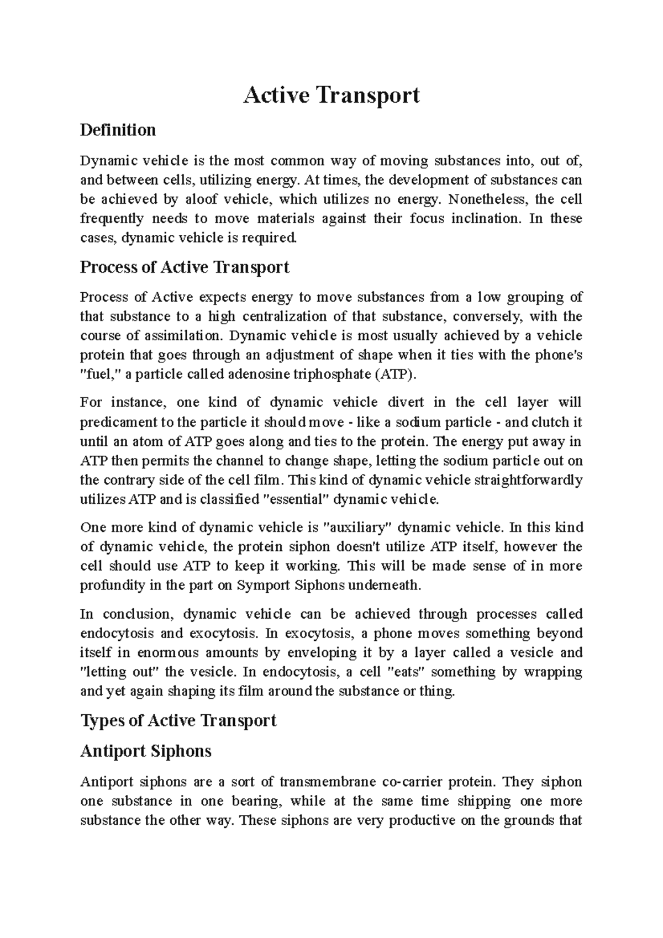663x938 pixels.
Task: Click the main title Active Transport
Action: [x=331, y=95]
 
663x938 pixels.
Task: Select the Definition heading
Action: [x=118, y=130]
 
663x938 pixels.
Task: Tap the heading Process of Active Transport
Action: [x=185, y=267]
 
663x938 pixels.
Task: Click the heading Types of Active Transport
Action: [x=178, y=721]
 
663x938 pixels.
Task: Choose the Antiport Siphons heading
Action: [x=146, y=751]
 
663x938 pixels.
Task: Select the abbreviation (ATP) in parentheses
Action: [x=393, y=375]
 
